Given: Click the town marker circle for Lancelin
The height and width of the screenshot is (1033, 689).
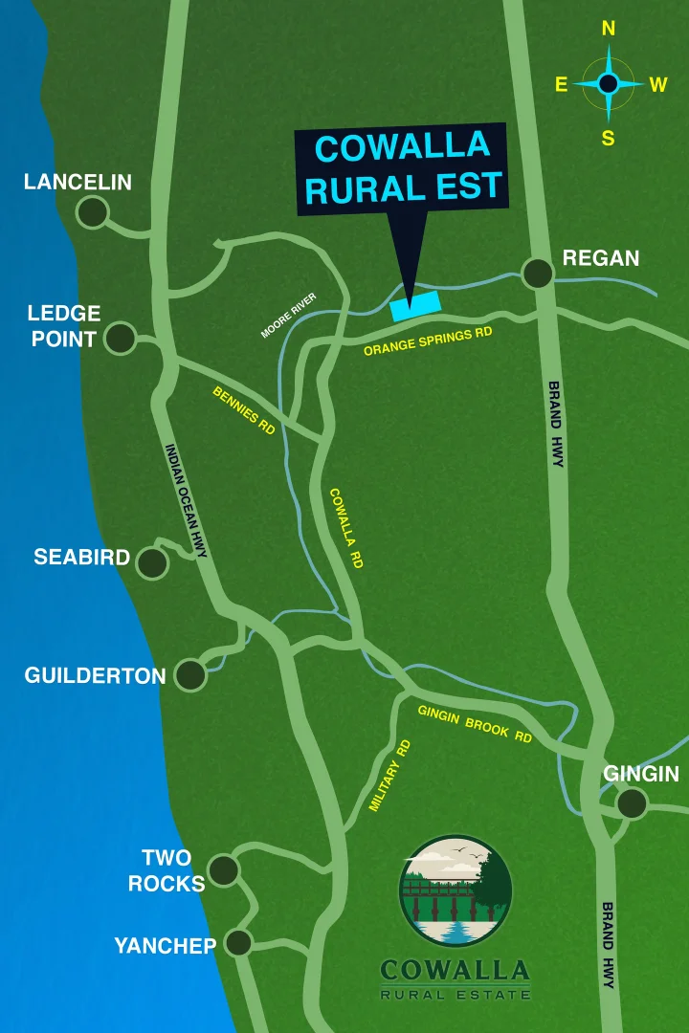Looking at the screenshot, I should tap(93, 212).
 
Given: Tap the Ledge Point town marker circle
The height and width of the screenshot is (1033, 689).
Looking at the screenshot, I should tap(120, 338).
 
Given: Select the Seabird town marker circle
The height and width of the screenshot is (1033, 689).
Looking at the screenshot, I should tap(152, 563).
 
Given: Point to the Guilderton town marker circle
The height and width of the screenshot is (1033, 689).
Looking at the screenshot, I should tap(190, 674).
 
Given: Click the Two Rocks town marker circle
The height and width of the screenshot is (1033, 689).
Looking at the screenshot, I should tap(224, 869).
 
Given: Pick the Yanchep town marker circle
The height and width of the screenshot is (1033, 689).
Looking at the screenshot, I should tap(237, 942).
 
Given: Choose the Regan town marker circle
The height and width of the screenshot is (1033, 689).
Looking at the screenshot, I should tap(538, 274).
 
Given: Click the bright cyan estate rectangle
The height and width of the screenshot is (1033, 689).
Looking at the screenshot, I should tap(415, 305).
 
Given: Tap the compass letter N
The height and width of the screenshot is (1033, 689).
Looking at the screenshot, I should tap(609, 30).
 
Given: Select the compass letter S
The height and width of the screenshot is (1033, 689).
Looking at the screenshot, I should tap(609, 139).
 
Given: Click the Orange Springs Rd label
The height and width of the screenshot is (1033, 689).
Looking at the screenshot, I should tap(428, 341).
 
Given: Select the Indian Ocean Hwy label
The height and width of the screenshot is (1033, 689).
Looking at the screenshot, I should tap(186, 500).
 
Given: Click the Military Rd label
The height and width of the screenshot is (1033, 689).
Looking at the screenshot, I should tap(389, 776).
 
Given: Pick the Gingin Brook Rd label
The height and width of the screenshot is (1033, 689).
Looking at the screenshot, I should tap(475, 723).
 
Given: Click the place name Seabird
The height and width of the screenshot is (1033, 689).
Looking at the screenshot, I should tap(81, 557).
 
